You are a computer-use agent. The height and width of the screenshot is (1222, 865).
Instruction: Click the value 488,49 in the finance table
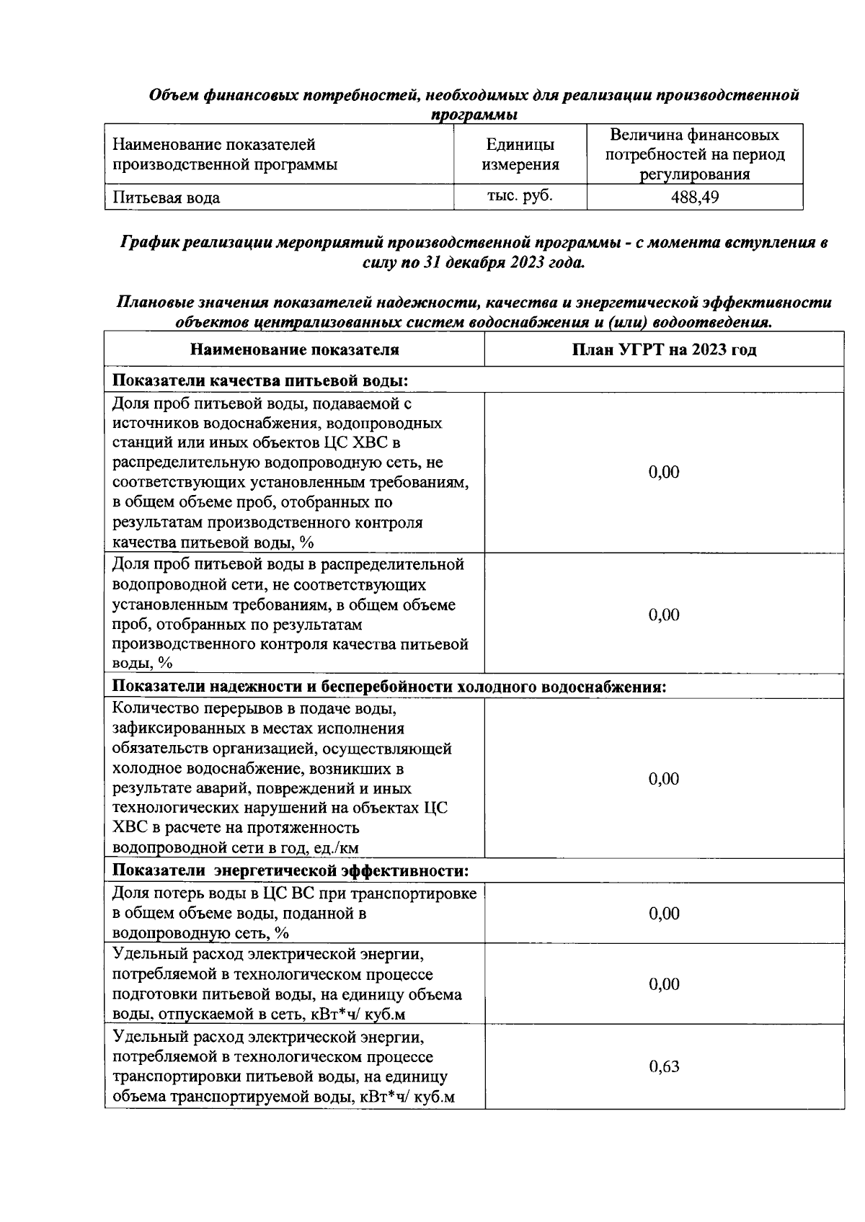tap(694, 197)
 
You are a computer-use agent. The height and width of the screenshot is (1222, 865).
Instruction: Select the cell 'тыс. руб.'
tap(520, 196)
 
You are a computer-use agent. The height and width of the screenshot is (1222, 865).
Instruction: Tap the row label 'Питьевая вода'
tap(167, 197)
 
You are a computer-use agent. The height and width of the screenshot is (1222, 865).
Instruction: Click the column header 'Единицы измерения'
tap(520, 154)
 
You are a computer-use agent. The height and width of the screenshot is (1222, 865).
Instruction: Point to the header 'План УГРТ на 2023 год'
tap(664, 350)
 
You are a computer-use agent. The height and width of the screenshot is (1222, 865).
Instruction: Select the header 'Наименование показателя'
tap(294, 350)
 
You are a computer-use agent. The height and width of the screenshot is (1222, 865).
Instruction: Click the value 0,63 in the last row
tap(664, 1067)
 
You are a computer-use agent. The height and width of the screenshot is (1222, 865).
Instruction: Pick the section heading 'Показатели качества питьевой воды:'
tap(261, 380)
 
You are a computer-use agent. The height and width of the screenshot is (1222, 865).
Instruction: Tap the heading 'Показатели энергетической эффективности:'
tap(290, 871)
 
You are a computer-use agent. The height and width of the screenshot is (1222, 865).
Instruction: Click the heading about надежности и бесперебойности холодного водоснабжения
tap(389, 687)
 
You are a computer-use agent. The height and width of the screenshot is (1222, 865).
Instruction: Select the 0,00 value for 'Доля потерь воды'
tap(664, 914)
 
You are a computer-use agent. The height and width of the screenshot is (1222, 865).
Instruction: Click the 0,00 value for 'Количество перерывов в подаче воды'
tap(664, 779)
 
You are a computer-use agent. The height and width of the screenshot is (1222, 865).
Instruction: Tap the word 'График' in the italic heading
tap(149, 243)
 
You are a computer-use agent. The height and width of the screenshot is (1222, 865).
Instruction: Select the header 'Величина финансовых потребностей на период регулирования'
tap(694, 154)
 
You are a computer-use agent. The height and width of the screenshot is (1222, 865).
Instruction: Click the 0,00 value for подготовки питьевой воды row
tap(664, 984)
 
